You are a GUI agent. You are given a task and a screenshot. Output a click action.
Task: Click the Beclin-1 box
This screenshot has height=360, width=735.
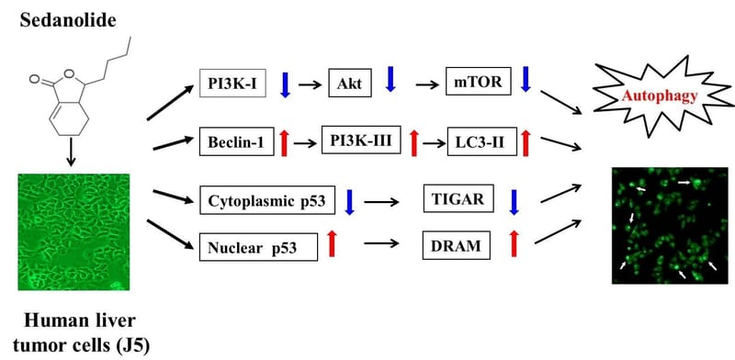(x=236, y=142)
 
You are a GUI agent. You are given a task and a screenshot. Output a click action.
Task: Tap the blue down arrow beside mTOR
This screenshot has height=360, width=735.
(x=526, y=79)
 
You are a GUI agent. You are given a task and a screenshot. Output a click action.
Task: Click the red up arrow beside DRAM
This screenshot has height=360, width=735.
(x=514, y=244)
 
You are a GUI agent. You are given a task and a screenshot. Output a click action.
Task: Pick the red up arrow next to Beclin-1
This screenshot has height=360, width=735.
(x=285, y=143)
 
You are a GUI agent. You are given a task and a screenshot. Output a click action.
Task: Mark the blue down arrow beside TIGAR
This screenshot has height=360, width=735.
(x=514, y=200)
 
